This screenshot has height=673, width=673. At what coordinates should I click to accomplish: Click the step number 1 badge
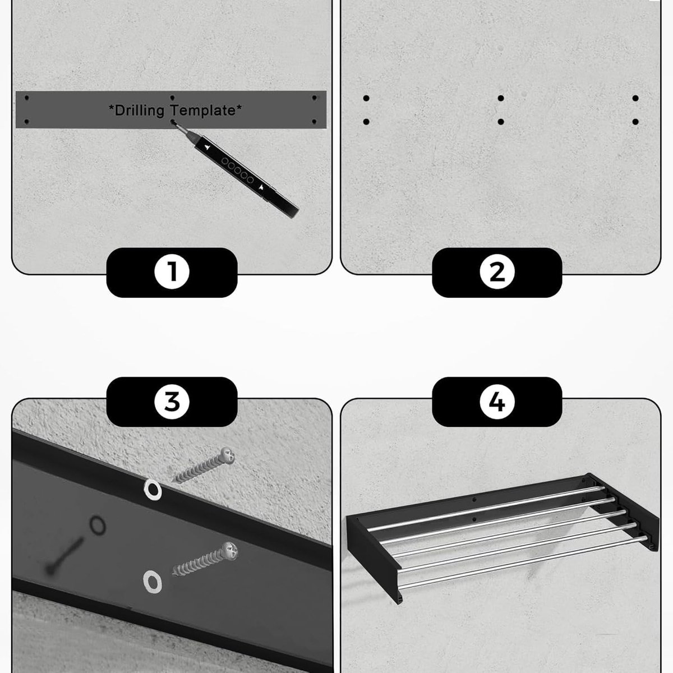click(x=172, y=272)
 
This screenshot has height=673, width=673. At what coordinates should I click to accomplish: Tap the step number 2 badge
click(x=497, y=272)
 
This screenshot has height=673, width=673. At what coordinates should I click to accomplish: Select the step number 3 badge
click(x=172, y=402)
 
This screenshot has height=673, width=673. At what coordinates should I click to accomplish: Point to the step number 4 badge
click(x=497, y=402)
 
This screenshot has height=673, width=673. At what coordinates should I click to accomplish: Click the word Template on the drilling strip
click(x=205, y=110)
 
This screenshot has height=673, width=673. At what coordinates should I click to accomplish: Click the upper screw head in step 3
click(x=227, y=456)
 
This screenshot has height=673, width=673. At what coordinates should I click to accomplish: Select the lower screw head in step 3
click(x=230, y=551)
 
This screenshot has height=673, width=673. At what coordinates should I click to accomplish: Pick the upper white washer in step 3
click(x=153, y=489)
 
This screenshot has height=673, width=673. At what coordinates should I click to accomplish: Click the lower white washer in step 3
click(x=153, y=582)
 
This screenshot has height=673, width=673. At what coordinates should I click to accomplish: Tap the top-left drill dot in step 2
click(x=366, y=98)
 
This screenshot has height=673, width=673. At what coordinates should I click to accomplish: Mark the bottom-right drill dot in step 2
click(x=635, y=122)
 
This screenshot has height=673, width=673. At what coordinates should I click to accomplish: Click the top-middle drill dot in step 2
click(x=501, y=98)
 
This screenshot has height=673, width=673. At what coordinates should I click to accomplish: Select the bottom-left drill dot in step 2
click(x=366, y=122)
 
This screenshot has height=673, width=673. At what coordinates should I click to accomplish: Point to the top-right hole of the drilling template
click(x=314, y=98)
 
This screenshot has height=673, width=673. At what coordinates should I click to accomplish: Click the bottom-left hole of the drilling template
click(x=26, y=122)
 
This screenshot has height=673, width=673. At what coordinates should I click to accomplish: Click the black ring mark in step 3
click(x=98, y=525)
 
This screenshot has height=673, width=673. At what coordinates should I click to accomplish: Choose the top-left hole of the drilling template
click(x=26, y=98)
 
